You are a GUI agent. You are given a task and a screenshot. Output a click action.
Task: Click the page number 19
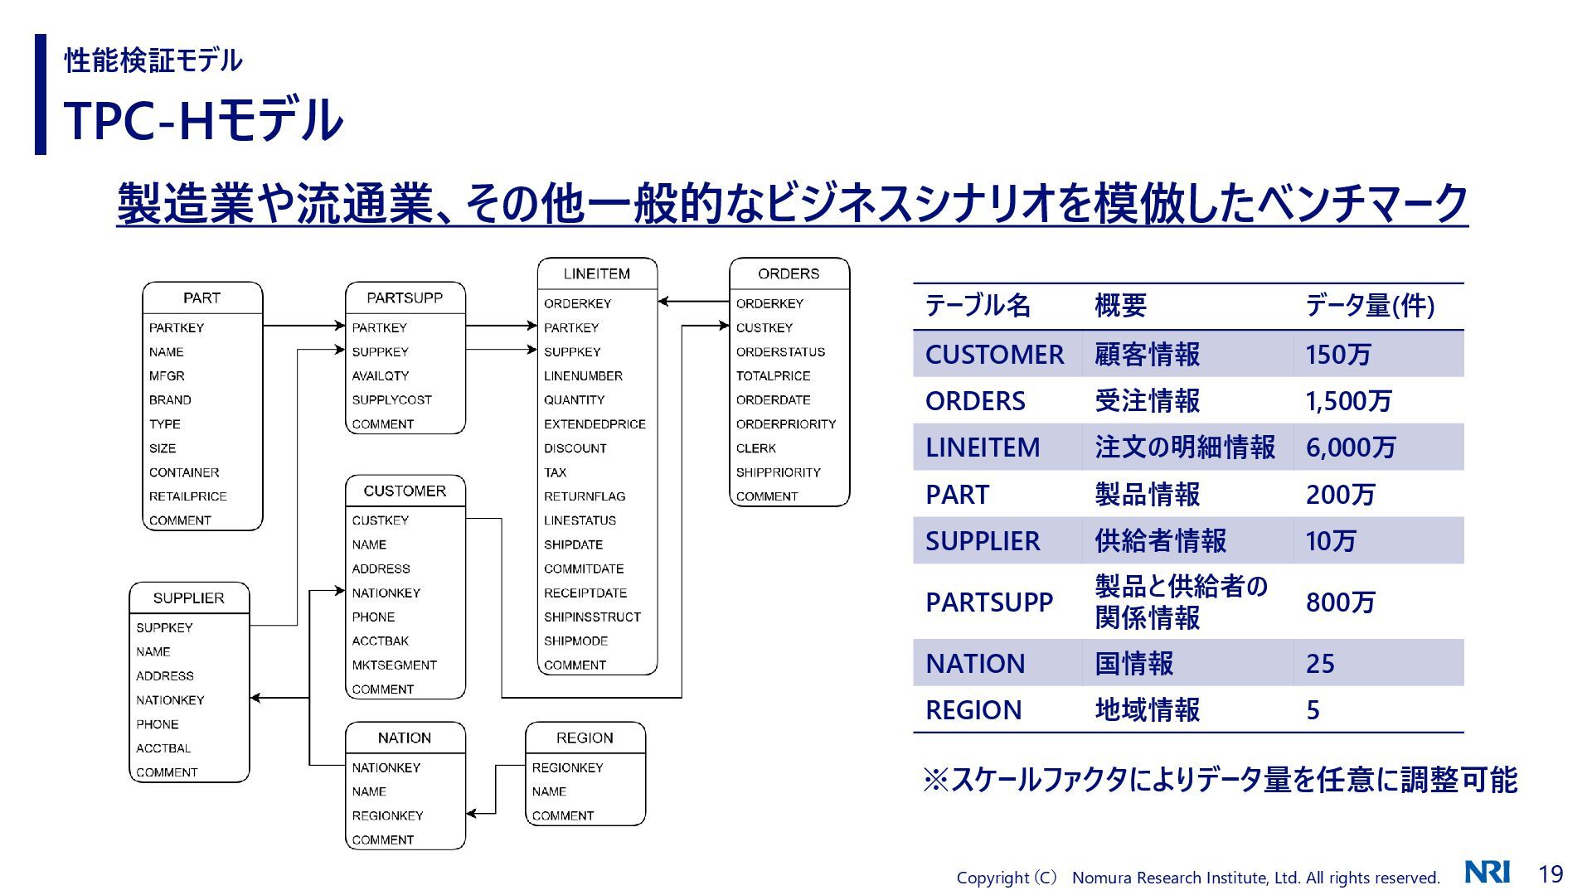pyautogui.click(x=1551, y=873)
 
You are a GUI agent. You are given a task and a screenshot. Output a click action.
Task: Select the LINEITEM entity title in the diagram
pyautogui.click(x=596, y=273)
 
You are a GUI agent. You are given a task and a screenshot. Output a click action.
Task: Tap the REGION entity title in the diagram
pyautogui.click(x=585, y=738)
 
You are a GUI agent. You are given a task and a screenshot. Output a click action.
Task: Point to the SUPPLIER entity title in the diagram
pyautogui.click(x=188, y=597)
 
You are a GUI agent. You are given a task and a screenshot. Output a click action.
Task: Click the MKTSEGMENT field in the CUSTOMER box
pyautogui.click(x=394, y=665)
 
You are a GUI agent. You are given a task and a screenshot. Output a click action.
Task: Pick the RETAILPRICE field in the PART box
pyautogui.click(x=187, y=496)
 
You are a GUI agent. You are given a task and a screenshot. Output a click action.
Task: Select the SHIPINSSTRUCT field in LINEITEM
pyautogui.click(x=592, y=617)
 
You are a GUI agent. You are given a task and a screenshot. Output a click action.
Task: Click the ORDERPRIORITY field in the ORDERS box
pyautogui.click(x=785, y=423)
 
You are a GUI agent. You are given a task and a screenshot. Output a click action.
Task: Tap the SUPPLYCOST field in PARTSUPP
pyautogui.click(x=391, y=399)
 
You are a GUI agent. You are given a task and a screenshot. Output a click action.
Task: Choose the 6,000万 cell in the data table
pyautogui.click(x=1350, y=447)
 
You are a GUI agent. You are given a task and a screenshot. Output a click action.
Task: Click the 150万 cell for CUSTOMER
pyautogui.click(x=1337, y=355)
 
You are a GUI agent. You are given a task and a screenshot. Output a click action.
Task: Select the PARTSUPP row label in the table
pyautogui.click(x=988, y=602)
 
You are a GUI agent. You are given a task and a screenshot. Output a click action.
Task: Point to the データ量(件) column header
pyautogui.click(x=1369, y=306)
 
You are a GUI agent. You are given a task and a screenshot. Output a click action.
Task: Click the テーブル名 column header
pyautogui.click(x=978, y=306)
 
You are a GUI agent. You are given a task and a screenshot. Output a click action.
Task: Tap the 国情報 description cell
pyautogui.click(x=1133, y=663)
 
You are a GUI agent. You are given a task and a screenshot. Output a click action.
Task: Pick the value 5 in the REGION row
pyautogui.click(x=1313, y=710)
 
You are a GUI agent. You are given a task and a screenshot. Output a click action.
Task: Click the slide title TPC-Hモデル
pyautogui.click(x=203, y=120)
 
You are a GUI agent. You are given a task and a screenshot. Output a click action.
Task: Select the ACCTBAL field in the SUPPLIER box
pyautogui.click(x=163, y=748)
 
